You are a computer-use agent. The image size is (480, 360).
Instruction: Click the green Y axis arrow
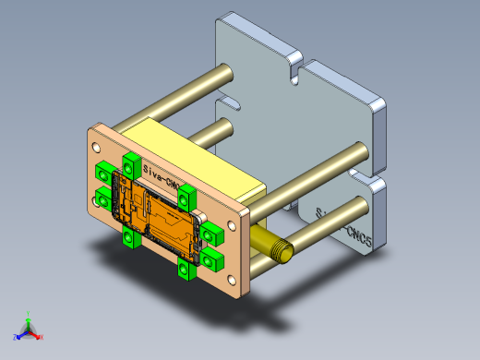click(x=30, y=315)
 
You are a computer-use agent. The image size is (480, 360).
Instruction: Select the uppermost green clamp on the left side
click(x=103, y=173)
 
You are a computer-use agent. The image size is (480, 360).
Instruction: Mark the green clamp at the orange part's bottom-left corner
click(x=128, y=238)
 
